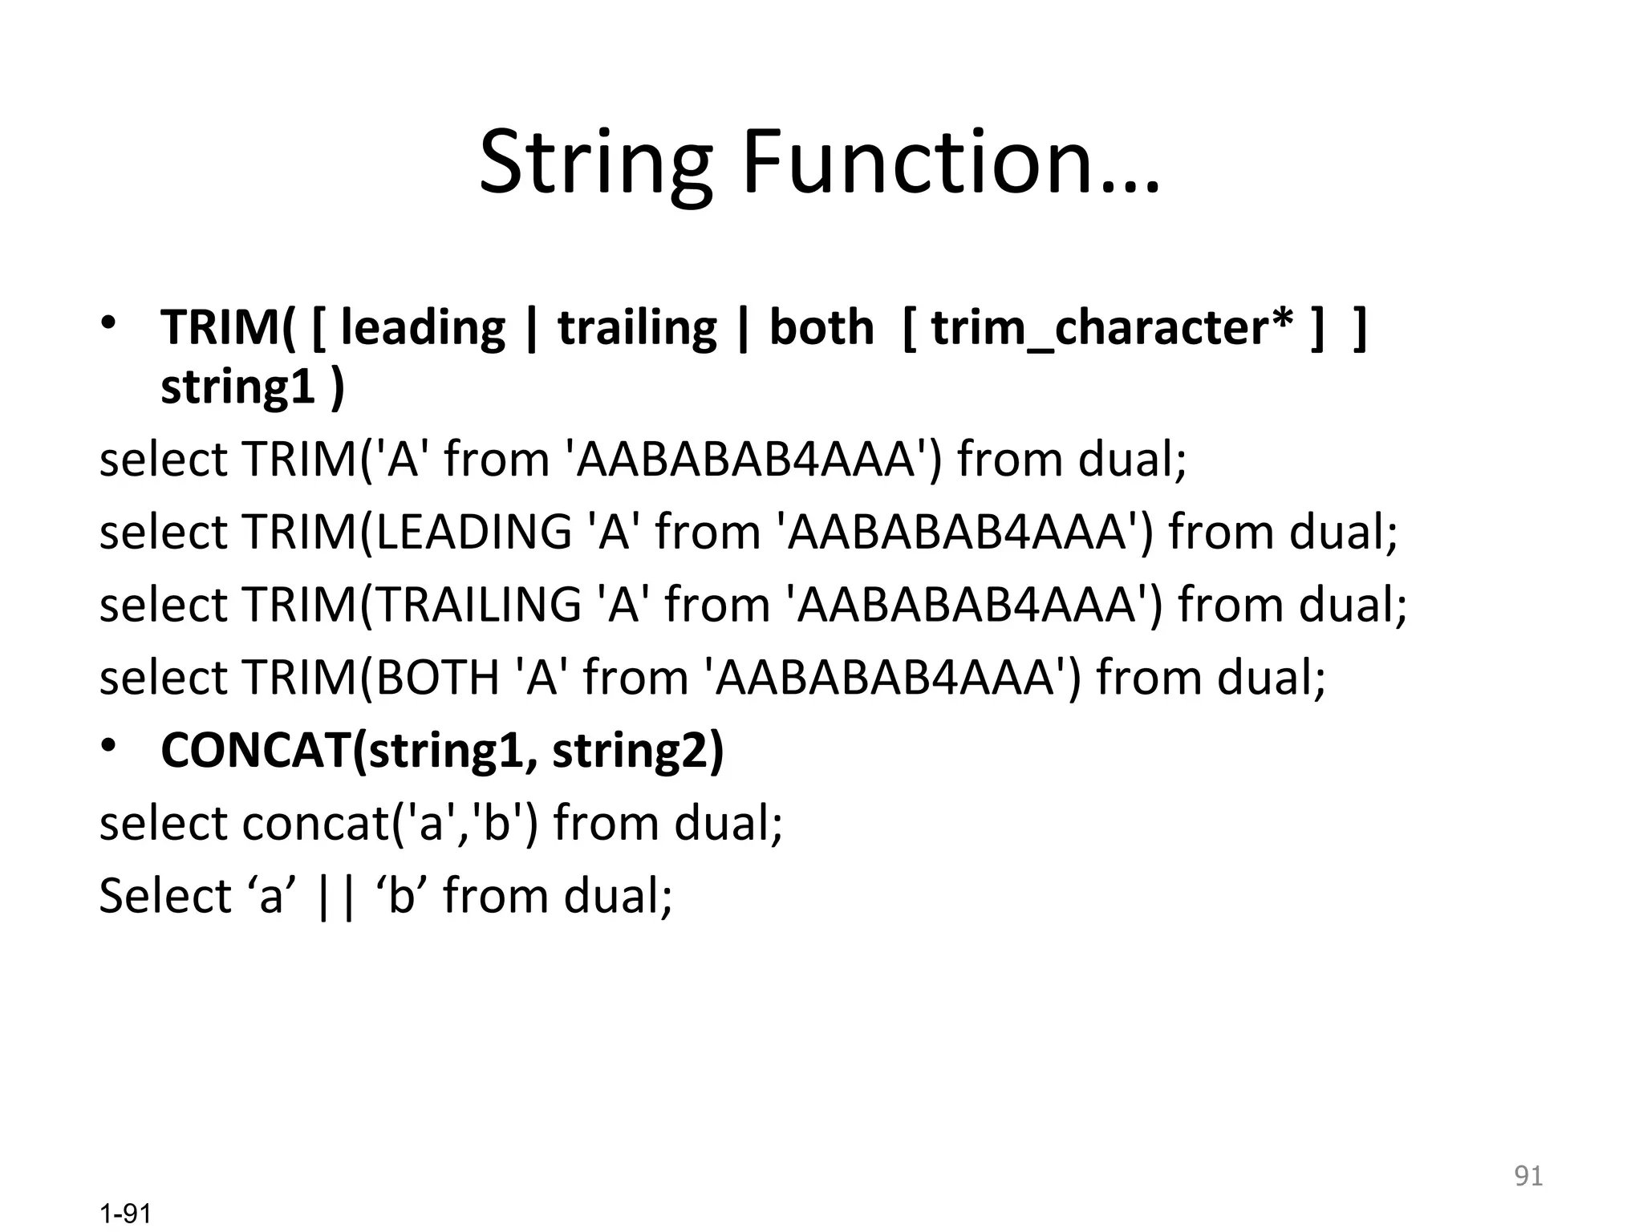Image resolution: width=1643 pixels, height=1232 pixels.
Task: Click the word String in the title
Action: (594, 164)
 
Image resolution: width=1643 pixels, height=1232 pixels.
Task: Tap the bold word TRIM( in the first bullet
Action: (228, 328)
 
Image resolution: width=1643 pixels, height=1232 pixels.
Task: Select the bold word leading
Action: (423, 328)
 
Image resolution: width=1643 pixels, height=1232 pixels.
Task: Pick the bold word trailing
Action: (637, 328)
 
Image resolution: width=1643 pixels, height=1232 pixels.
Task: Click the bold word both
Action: (821, 328)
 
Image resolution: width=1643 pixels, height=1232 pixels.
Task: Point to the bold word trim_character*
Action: (1112, 328)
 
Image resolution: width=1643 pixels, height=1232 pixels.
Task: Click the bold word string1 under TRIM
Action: (237, 387)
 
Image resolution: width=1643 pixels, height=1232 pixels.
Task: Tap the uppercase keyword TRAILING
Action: (479, 604)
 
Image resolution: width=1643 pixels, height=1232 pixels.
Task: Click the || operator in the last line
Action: (336, 896)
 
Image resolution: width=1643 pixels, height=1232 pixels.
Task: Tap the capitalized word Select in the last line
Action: (164, 896)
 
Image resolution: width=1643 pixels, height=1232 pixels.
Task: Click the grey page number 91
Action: (1528, 1176)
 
